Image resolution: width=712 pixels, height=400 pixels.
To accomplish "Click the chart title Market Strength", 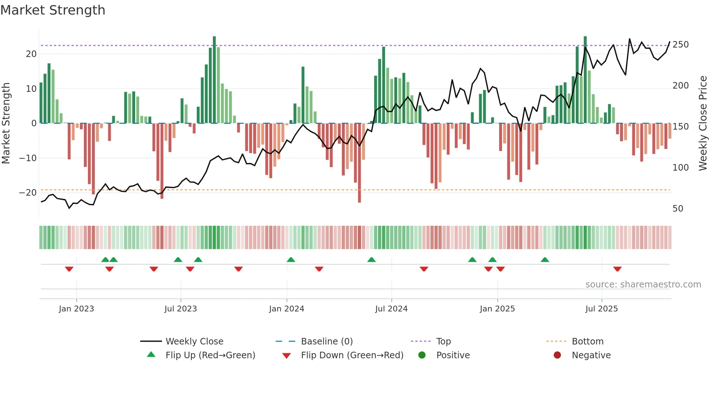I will [53, 10].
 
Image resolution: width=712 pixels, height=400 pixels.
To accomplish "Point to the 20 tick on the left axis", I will [31, 54].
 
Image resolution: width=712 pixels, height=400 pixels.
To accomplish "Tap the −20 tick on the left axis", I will [28, 193].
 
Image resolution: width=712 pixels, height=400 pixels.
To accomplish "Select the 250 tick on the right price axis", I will [680, 45].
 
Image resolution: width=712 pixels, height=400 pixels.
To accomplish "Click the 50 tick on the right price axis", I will [677, 209].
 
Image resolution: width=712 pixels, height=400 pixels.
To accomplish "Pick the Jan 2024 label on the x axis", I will [287, 309].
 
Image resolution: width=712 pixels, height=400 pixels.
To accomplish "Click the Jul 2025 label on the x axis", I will [602, 309].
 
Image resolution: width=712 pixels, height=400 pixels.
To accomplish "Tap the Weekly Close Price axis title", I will [703, 123].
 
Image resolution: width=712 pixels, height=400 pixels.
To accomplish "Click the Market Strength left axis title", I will [6, 123].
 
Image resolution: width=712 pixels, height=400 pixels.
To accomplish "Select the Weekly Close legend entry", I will [194, 342].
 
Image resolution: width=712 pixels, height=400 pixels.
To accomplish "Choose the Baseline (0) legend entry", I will [327, 342].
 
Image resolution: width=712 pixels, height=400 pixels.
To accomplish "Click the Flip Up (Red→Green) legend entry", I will [210, 355].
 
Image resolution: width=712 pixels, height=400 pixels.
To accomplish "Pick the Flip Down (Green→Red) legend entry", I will [352, 355].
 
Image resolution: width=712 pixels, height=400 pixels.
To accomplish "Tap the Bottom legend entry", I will [587, 342].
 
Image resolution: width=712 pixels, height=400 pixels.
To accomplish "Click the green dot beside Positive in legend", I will [422, 355].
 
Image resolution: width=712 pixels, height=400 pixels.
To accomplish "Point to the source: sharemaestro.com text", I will [643, 285].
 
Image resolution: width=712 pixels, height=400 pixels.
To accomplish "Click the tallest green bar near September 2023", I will [214, 80].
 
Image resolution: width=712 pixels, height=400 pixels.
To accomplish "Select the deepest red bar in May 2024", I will [359, 163].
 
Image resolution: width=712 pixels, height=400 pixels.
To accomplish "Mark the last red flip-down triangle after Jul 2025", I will [617, 269].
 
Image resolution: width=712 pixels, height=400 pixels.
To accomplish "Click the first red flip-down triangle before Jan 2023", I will [69, 269].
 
